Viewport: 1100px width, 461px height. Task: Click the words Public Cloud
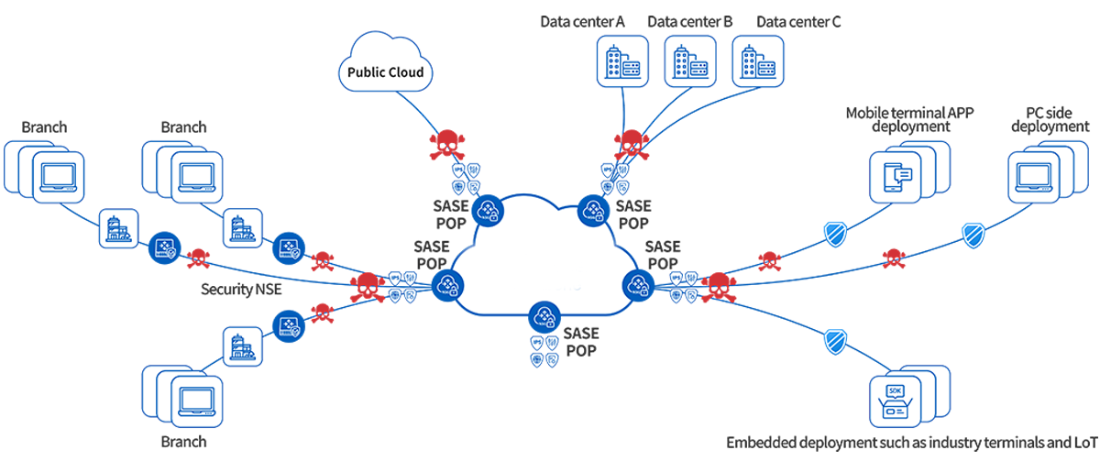[x=386, y=71]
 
